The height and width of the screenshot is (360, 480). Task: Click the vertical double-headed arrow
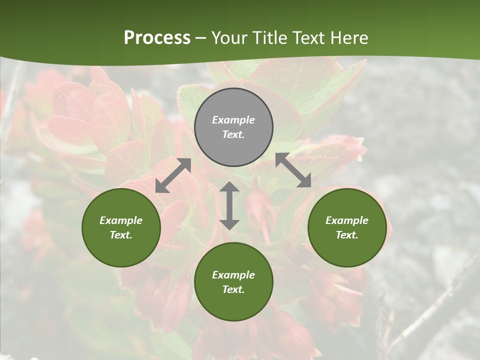coord(229,205)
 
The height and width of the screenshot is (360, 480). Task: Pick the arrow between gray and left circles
coord(173,175)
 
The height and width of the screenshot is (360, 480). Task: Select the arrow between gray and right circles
coord(293,170)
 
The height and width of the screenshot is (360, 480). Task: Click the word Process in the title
coord(157,37)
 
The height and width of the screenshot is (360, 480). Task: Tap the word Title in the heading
coord(271,37)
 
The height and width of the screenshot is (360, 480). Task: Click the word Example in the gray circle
coord(233,120)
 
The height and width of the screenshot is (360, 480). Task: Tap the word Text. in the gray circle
coord(233,134)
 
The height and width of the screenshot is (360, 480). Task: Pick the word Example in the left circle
coord(121,220)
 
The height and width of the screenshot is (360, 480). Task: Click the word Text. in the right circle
coord(347,235)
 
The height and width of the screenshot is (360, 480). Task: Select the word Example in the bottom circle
coord(233,275)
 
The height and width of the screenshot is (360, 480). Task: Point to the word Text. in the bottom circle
coord(233,289)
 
